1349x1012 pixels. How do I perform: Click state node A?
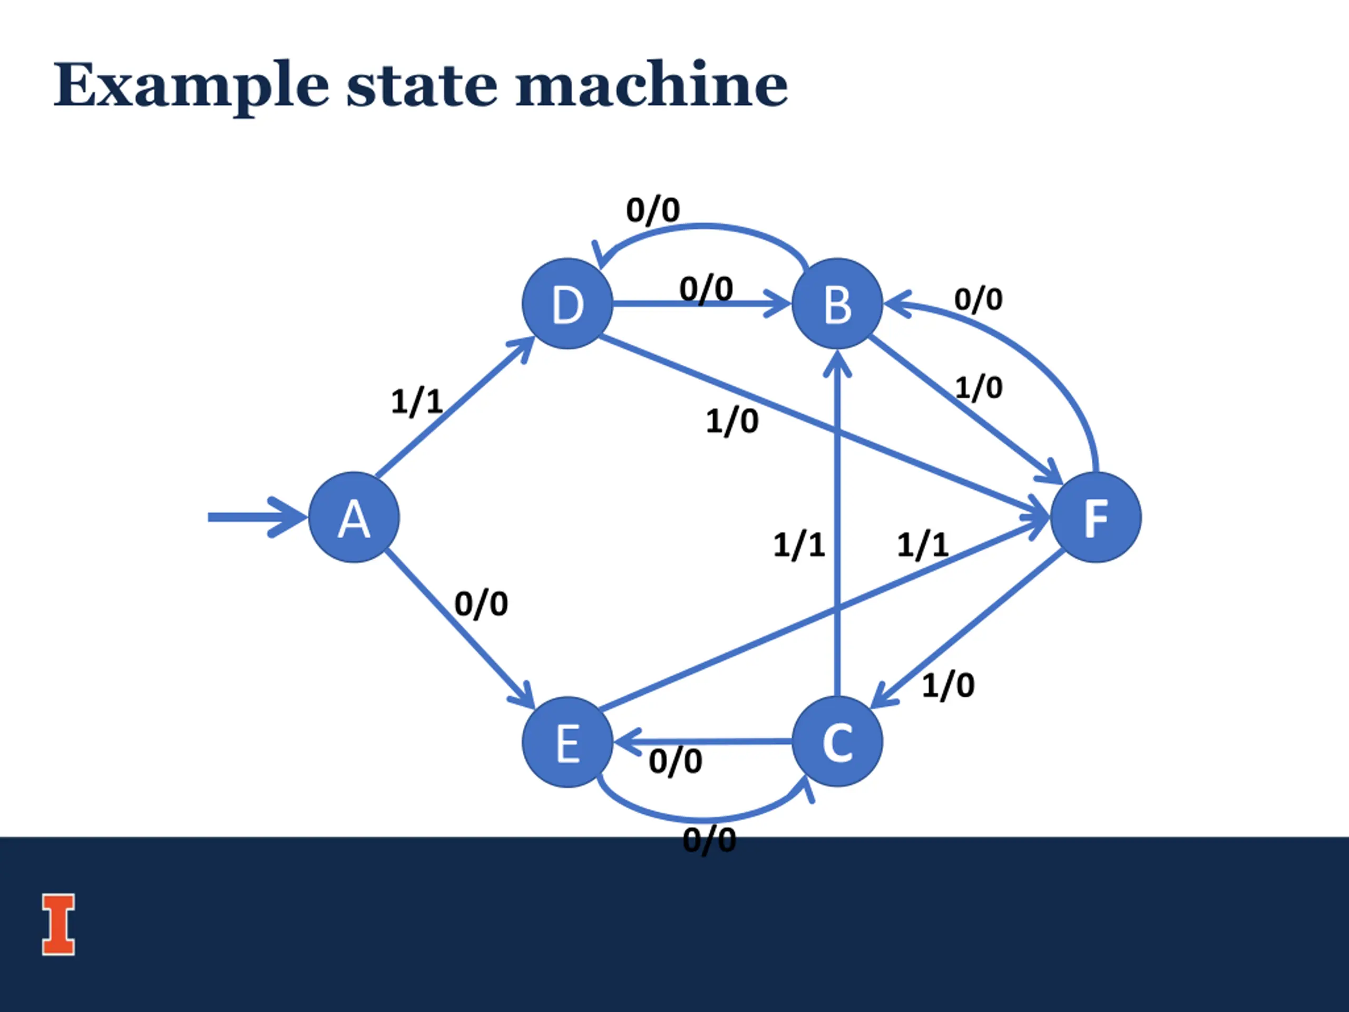tap(354, 517)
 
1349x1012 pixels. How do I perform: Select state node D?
tap(568, 304)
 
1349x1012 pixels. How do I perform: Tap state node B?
tap(837, 304)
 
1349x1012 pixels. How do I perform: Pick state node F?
tap(1096, 517)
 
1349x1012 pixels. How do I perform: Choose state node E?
tap(568, 742)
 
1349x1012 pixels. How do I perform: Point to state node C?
tap(837, 742)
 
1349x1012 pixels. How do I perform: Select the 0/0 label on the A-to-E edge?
tap(481, 604)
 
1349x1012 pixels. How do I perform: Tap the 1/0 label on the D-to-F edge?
tap(732, 421)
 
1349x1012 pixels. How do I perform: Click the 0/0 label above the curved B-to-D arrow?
tap(653, 210)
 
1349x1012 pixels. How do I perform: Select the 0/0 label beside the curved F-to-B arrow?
tap(978, 299)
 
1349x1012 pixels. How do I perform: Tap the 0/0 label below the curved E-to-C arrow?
tap(709, 841)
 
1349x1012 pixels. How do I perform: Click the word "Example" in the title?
tap(191, 86)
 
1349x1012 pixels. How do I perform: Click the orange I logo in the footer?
tap(58, 924)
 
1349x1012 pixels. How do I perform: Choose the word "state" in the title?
tap(422, 86)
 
